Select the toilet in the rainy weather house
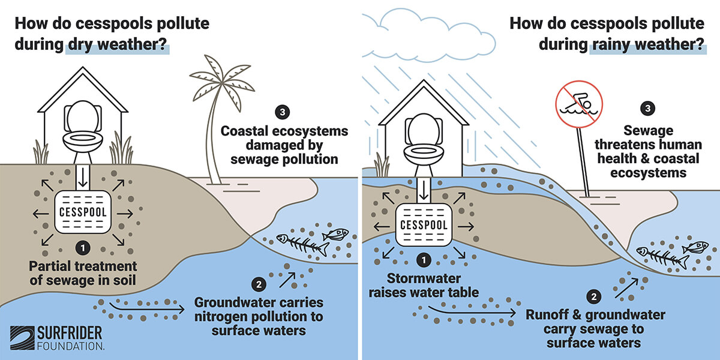[424, 139]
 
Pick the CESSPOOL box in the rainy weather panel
[424, 224]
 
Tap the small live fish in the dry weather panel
[335, 233]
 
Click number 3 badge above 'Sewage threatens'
[647, 109]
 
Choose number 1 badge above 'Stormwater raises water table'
[424, 260]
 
